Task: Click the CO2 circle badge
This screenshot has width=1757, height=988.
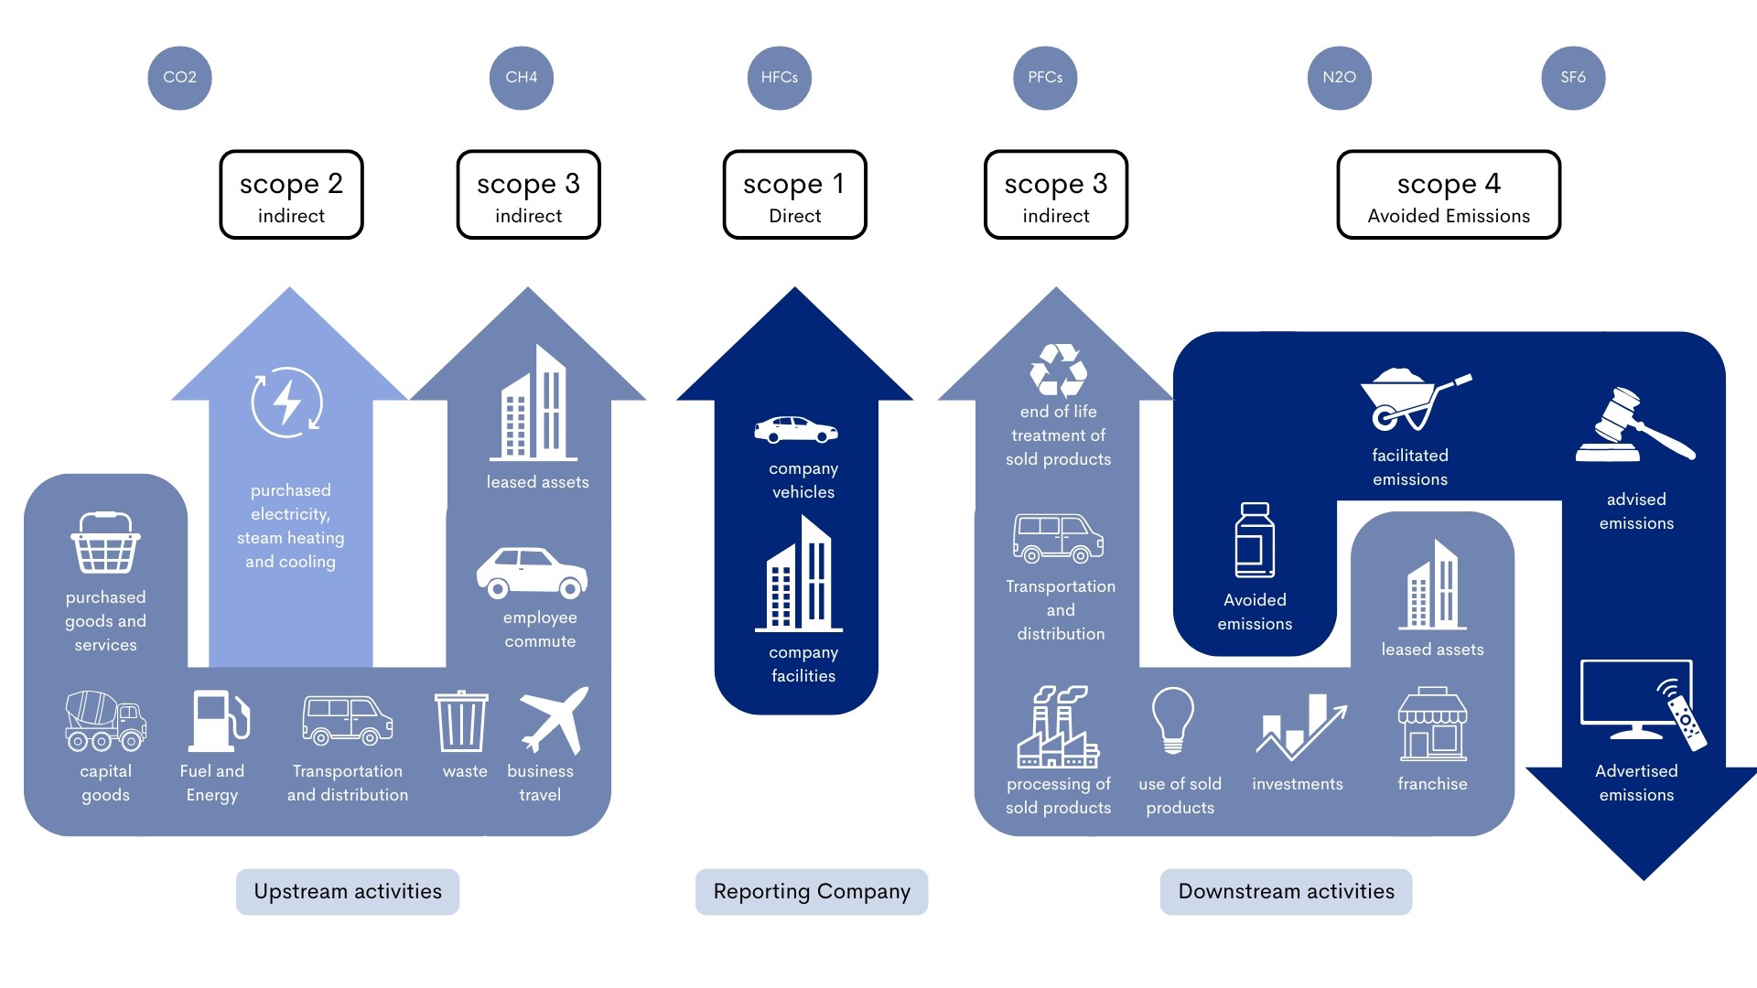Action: coord(179,78)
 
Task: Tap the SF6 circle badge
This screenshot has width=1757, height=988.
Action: coord(1573,78)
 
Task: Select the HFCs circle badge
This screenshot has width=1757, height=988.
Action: coord(780,78)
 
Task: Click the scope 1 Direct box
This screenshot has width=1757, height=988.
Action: coord(794,195)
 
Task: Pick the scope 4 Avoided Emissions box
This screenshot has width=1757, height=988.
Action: coord(1449,195)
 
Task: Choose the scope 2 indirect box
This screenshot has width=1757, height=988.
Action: coord(291,195)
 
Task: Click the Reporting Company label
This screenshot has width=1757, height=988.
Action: coord(812,892)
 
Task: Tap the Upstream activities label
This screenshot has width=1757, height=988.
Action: coord(348,892)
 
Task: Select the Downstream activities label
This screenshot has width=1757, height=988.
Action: coord(1286,892)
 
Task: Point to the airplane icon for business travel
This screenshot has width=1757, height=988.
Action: coord(554,721)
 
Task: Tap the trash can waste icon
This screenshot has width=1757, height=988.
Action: coord(461,722)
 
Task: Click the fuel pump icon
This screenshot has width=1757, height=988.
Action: coord(219,722)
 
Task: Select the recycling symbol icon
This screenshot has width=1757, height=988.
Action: coord(1059,370)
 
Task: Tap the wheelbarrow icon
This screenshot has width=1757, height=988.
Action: coord(1412,400)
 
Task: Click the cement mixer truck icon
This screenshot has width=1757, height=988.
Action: coord(105,721)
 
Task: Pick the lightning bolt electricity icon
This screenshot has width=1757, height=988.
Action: coord(287,403)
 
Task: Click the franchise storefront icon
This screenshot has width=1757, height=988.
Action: coord(1432,725)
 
